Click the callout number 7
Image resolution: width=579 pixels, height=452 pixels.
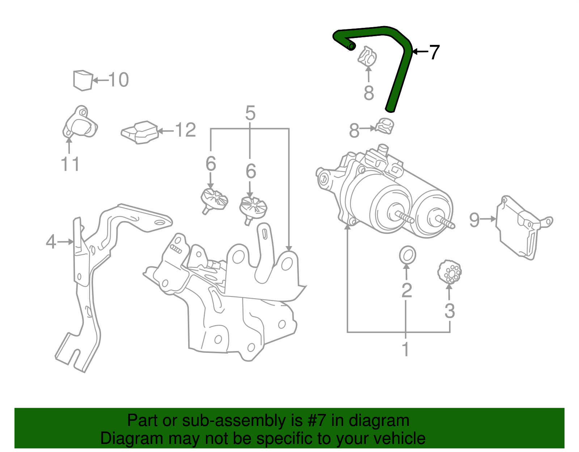[434, 52]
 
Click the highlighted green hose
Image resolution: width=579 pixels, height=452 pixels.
[400, 76]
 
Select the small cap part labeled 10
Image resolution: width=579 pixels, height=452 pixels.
[83, 80]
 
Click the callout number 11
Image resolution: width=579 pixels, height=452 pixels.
[70, 164]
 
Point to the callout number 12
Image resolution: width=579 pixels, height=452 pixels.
[186, 130]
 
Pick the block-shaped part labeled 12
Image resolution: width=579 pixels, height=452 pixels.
[140, 132]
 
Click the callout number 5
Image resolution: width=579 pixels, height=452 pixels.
[250, 113]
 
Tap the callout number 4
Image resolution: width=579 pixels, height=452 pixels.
[51, 242]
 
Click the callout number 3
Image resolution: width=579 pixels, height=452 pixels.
[449, 311]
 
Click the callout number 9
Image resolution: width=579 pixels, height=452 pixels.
[474, 219]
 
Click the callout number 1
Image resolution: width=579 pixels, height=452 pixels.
[405, 349]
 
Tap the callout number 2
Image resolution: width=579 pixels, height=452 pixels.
[407, 290]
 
